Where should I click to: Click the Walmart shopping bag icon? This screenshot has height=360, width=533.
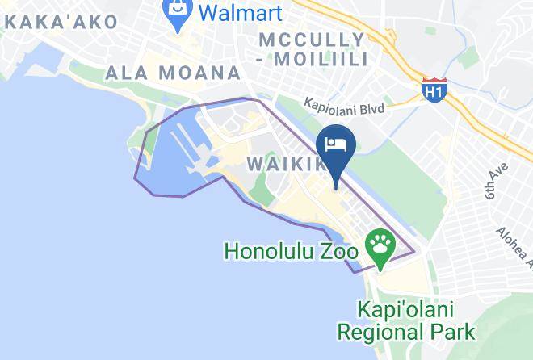(174, 11)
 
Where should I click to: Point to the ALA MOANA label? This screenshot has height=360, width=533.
(173, 73)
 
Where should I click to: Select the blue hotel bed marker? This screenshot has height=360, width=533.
(335, 148)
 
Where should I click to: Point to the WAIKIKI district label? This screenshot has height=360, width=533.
(287, 164)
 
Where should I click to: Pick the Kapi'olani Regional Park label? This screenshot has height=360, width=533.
(406, 320)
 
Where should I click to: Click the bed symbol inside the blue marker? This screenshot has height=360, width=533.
(335, 144)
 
